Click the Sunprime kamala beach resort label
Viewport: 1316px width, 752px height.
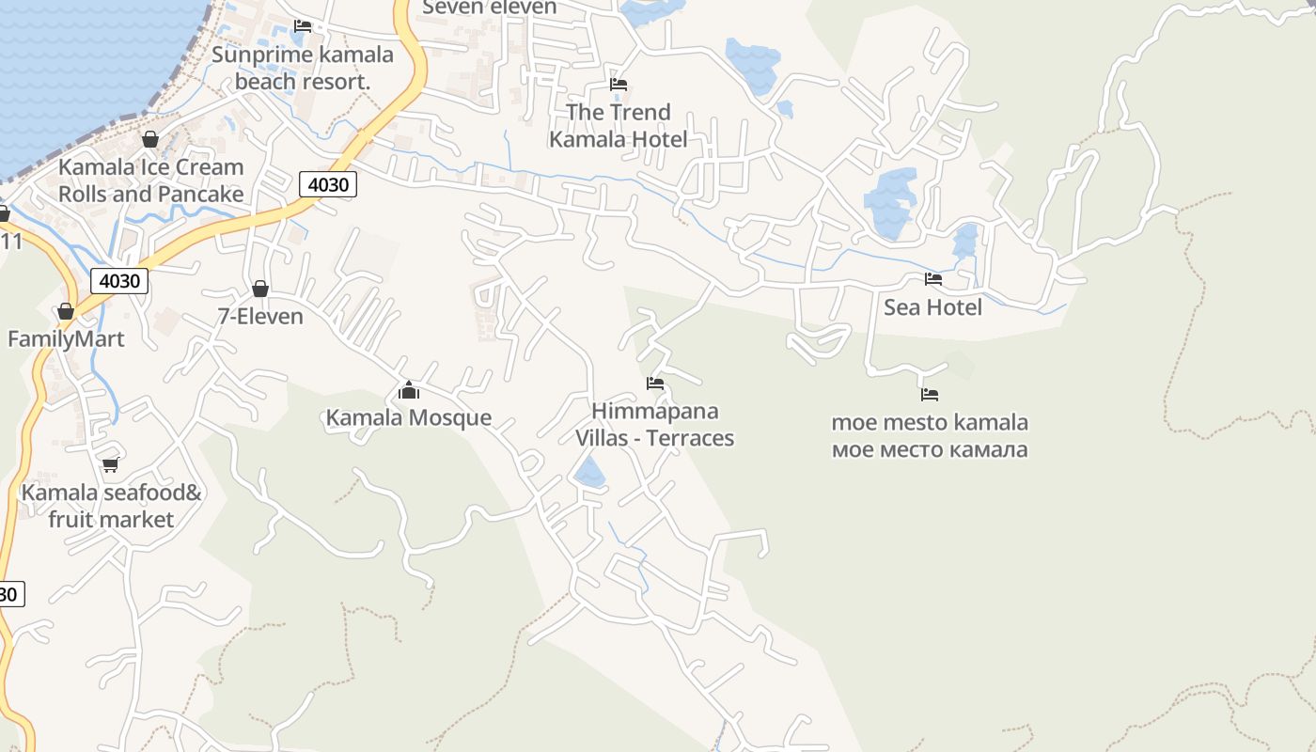[302, 68]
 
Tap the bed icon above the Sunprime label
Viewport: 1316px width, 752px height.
[303, 25]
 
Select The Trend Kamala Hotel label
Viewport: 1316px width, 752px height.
[618, 126]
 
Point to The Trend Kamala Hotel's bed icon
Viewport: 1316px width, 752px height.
[619, 84]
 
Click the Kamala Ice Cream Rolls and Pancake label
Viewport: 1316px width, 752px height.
[150, 180]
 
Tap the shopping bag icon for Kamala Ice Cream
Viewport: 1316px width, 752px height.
[150, 139]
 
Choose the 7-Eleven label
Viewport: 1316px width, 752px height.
[260, 317]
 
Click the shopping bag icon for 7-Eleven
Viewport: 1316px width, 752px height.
[260, 289]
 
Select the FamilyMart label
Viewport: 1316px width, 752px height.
[66, 339]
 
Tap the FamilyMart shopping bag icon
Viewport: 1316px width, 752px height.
[66, 311]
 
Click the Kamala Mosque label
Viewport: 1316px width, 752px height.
[408, 417]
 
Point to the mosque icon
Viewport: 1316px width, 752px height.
[409, 389]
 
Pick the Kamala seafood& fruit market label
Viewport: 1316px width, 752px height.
[111, 506]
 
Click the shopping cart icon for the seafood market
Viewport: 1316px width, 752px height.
[110, 464]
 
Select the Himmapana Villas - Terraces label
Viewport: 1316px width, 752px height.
[654, 425]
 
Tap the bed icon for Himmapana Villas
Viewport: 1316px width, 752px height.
[655, 383]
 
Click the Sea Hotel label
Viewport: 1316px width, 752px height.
[932, 307]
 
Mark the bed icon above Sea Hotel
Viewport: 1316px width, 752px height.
[933, 279]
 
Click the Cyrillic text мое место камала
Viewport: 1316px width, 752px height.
[930, 449]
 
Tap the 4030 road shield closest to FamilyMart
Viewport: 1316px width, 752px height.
[119, 280]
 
